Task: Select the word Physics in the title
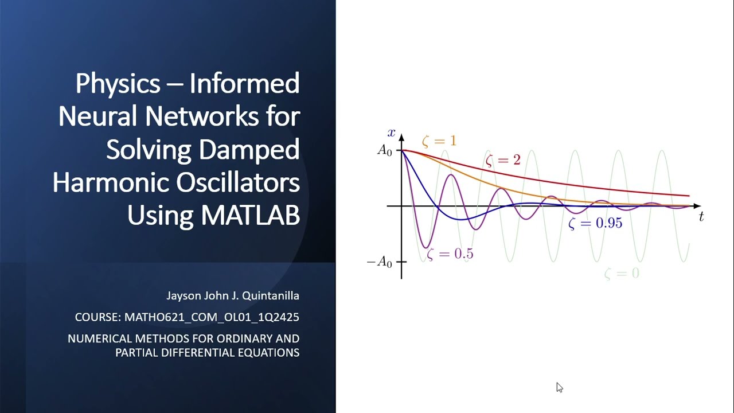118,84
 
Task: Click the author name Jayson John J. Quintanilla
232,296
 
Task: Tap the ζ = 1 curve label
439,141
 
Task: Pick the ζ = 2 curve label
503,160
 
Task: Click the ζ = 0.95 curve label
595,223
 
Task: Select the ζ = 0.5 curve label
450,254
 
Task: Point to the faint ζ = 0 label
622,274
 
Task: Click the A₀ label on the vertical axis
384,150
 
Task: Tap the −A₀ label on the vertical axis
380,263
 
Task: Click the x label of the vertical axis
392,133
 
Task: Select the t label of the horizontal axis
701,217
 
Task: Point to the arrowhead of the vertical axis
401,138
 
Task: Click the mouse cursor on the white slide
559,387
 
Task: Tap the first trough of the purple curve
425,247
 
